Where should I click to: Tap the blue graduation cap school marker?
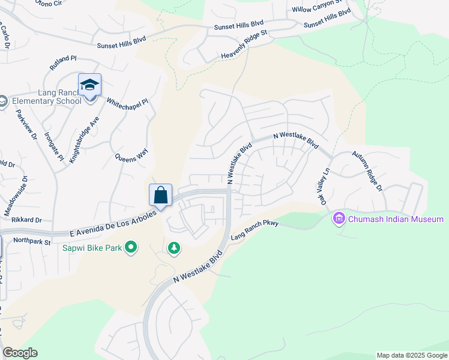(89, 85)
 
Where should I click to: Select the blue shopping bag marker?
(160, 196)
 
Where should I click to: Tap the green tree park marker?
(173, 248)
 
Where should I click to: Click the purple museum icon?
(340, 219)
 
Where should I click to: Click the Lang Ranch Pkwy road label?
(255, 229)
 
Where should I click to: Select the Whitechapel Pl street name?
(127, 103)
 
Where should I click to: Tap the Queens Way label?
(131, 158)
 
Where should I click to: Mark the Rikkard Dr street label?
(26, 220)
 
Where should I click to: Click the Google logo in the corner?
(20, 353)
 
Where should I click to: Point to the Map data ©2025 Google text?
(411, 355)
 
